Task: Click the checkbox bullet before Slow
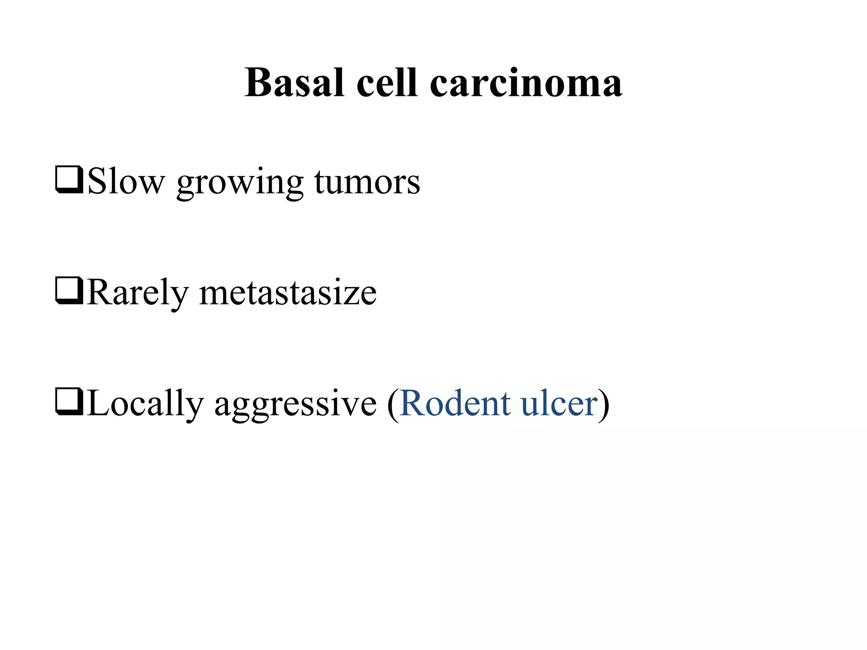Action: [69, 181]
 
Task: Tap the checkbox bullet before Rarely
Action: [69, 292]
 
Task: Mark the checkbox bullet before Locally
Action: [69, 402]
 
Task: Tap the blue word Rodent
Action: [455, 403]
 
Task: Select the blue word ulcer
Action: [559, 403]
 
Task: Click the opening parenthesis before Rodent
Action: [393, 404]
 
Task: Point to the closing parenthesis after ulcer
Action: [604, 404]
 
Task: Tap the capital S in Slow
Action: [97, 181]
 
